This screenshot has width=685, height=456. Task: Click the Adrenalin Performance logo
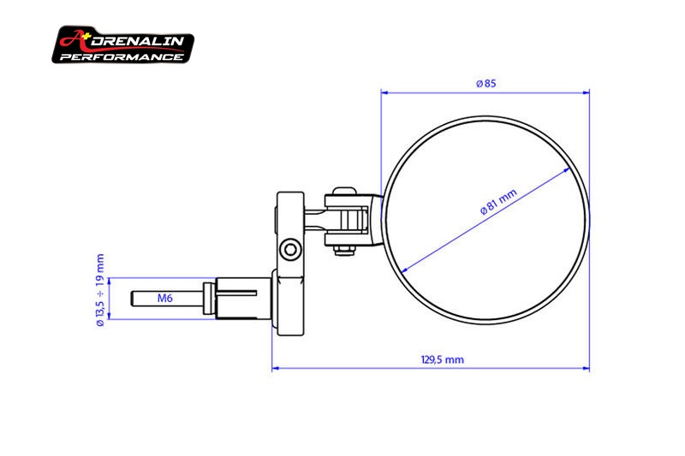tap(123, 45)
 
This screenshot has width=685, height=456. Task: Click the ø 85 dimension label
tap(485, 83)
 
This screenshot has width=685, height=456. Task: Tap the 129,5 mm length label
tap(443, 359)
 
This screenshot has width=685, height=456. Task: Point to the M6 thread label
tap(167, 299)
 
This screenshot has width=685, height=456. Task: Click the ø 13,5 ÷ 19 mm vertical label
tap(100, 289)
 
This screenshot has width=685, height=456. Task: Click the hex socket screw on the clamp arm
tap(294, 249)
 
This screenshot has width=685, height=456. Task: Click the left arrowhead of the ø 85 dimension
tap(385, 92)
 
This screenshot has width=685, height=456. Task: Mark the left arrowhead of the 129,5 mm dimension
tap(276, 370)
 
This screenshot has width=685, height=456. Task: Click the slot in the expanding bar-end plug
tap(244, 293)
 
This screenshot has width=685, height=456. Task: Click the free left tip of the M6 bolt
tap(135, 299)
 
